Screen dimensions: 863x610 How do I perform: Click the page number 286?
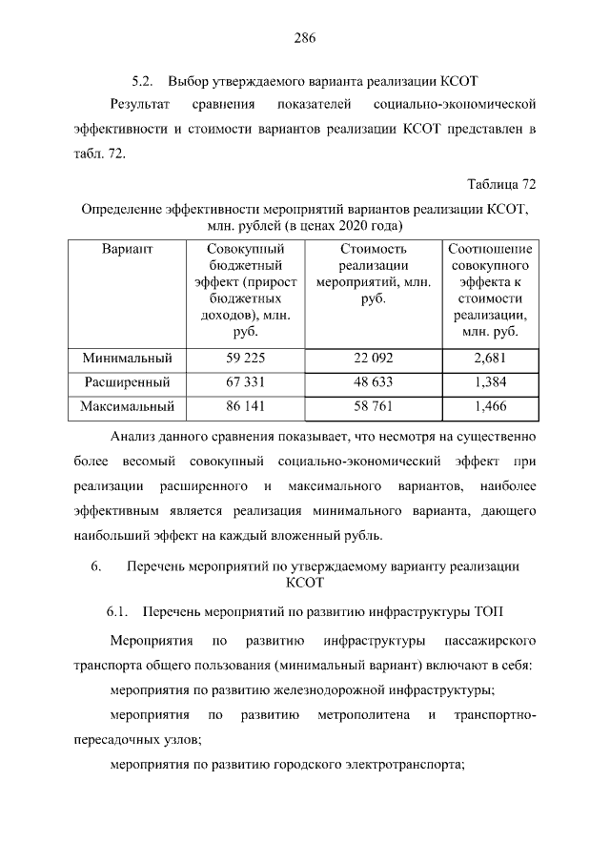(304, 38)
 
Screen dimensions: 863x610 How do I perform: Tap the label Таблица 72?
(501, 183)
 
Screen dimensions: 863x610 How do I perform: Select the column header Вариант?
(127, 249)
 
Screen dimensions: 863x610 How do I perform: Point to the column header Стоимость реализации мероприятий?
(373, 274)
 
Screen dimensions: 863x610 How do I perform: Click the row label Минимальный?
(127, 359)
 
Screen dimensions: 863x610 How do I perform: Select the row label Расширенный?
(127, 382)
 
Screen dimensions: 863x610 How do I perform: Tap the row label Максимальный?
(127, 406)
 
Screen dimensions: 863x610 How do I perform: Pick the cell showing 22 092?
(373, 359)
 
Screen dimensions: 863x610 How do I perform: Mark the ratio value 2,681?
(489, 359)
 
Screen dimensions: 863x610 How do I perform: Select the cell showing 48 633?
(373, 382)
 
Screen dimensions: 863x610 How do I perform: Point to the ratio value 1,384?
(489, 382)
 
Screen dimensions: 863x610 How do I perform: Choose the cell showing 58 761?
(373, 406)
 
